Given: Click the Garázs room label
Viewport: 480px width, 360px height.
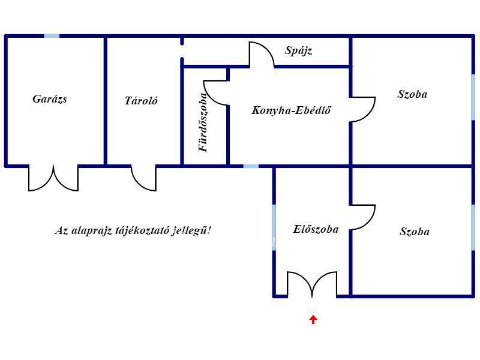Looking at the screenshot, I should click(x=50, y=99).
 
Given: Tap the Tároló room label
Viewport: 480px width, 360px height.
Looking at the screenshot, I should click(x=141, y=101).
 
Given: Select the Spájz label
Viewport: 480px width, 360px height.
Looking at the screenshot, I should click(x=298, y=51).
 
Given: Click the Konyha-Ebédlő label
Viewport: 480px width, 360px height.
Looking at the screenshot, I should click(x=292, y=110).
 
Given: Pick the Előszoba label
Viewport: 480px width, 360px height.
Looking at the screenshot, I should click(x=316, y=229).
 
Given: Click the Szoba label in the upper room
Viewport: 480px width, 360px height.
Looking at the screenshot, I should click(x=413, y=94).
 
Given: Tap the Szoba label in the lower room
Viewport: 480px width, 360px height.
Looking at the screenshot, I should click(x=415, y=232).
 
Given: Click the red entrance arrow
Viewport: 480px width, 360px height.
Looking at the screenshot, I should click(x=313, y=319).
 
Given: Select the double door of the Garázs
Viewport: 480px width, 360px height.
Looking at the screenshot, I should click(x=53, y=178).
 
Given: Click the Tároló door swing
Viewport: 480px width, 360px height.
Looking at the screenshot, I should click(x=144, y=178).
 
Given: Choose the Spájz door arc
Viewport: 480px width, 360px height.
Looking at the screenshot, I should click(x=262, y=54).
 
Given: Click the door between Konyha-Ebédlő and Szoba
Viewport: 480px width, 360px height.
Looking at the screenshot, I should click(x=363, y=109).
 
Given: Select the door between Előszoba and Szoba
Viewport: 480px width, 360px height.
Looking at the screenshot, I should click(x=363, y=217).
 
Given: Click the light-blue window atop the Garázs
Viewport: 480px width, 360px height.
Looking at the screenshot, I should click(x=52, y=36).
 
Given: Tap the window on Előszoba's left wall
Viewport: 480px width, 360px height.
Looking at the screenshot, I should click(x=274, y=225).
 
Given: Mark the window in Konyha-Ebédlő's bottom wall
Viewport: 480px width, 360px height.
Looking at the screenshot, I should click(x=251, y=166).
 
